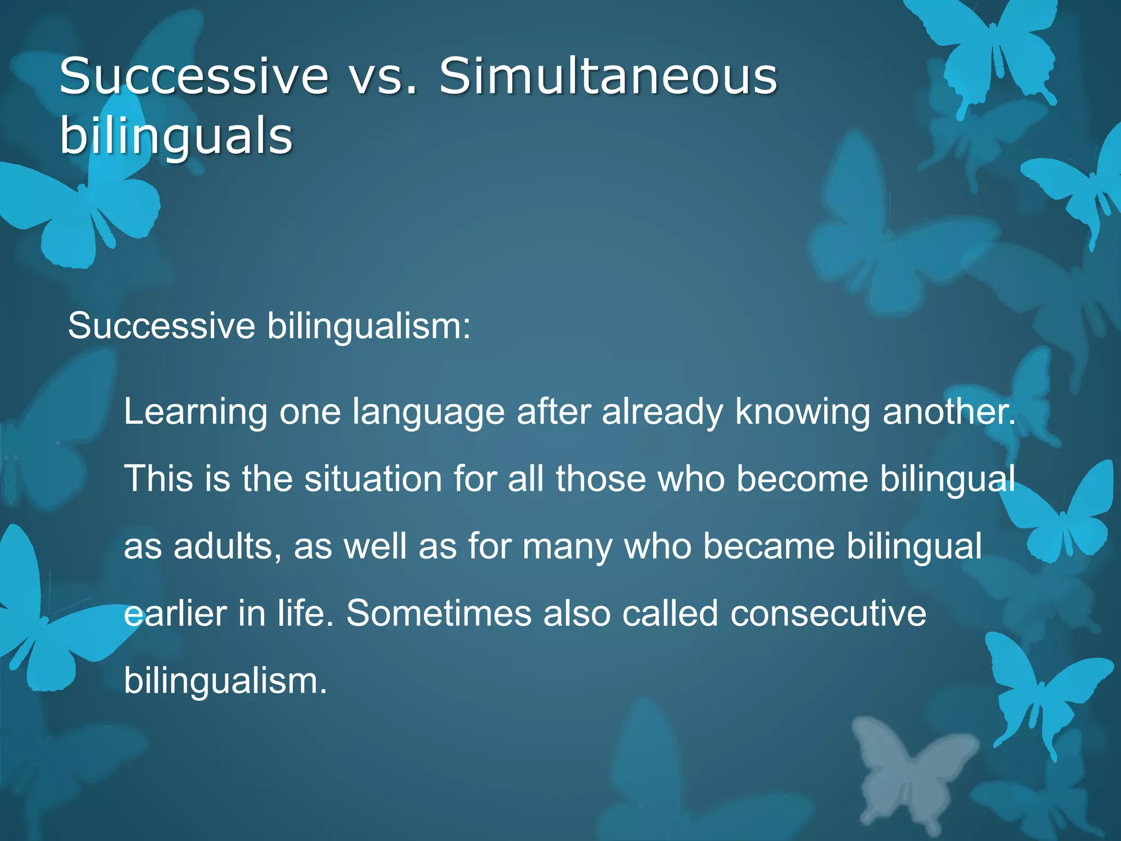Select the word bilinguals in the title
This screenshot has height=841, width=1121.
pos(176,137)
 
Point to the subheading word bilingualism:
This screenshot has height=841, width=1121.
pos(368,327)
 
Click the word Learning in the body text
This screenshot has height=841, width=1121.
pos(195,412)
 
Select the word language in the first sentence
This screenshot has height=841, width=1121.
pos(428,412)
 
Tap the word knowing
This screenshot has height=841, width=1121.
pos(802,412)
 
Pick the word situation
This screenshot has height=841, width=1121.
pos(373,479)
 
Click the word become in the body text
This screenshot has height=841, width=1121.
pos(802,479)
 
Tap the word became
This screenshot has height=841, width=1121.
pos(768,546)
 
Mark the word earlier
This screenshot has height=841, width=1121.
pos(175,614)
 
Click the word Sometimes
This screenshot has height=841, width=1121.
pos(438,614)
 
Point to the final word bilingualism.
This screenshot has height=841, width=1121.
pos(225,682)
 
